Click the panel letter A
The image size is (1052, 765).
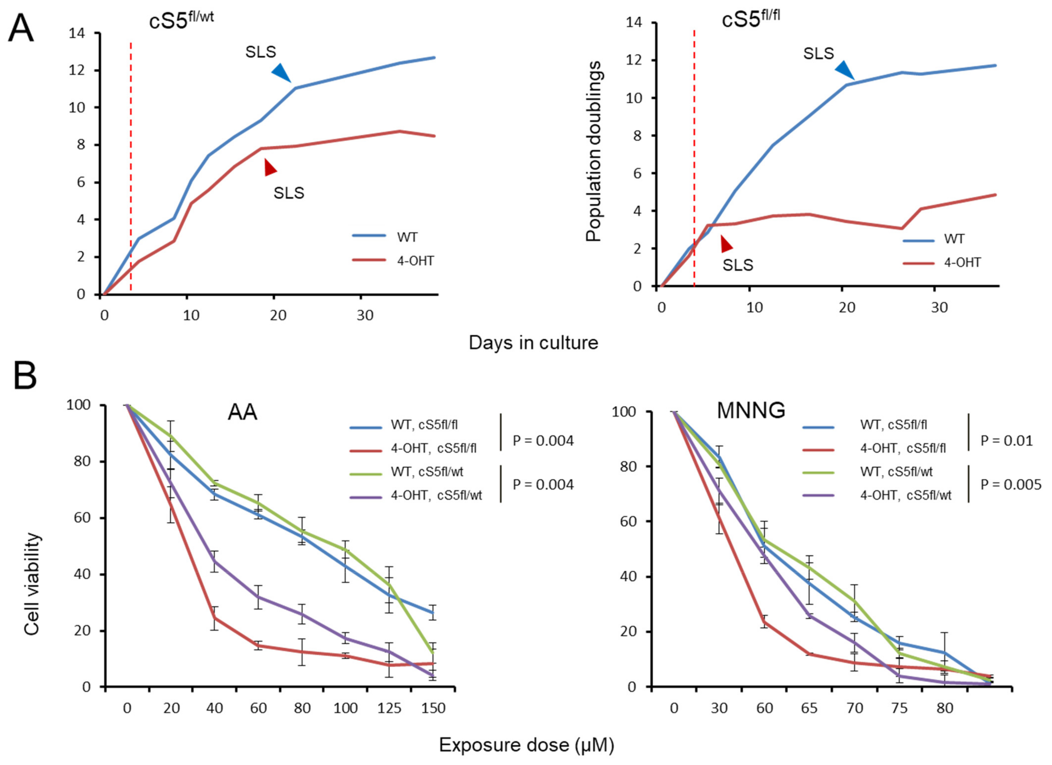[x=21, y=29]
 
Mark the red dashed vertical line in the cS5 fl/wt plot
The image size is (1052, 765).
[x=131, y=167]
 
